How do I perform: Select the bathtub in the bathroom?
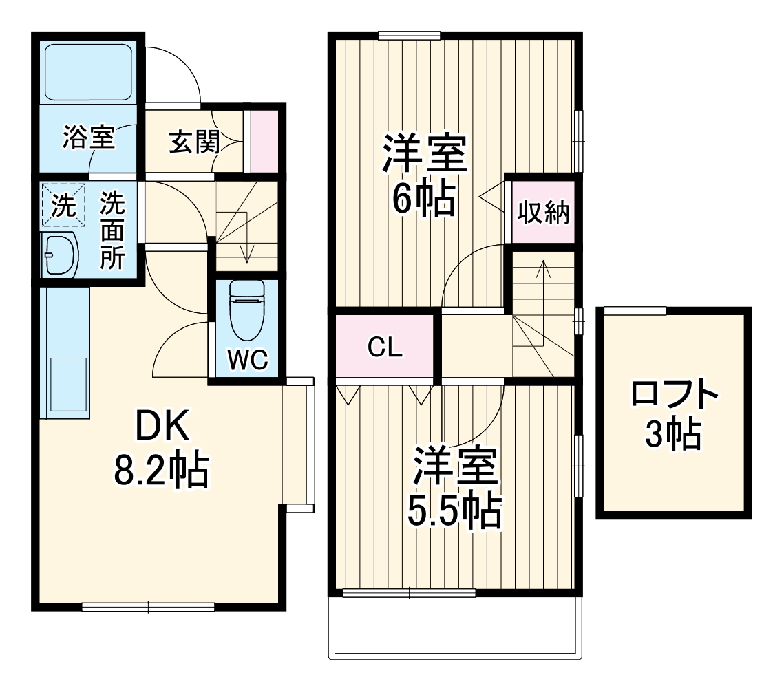click(88, 72)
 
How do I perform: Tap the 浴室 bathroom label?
click(88, 138)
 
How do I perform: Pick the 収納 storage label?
click(543, 213)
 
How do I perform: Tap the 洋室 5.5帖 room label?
click(454, 487)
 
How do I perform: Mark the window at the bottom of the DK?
click(148, 606)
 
